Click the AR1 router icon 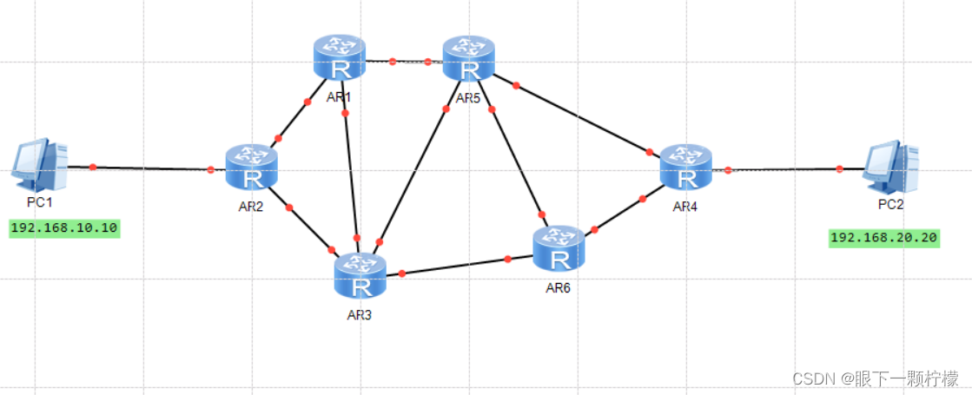340,59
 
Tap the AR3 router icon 360,276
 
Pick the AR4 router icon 686,168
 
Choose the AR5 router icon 469,59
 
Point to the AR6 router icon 559,248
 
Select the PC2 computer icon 890,168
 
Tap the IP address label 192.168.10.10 64,229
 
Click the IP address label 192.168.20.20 884,238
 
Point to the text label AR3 359,314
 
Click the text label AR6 558,287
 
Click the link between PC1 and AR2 152,168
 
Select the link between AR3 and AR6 456,267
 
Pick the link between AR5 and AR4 582,118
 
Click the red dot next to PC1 93,166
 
